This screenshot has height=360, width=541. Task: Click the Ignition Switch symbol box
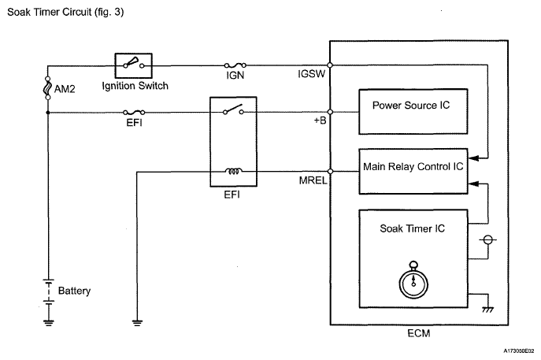134,65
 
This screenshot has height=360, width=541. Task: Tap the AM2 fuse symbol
48,88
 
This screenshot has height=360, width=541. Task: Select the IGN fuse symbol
235,65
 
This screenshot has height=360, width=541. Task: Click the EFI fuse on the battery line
134,112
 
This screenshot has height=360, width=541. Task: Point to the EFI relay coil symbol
234,171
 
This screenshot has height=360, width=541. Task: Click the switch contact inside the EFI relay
233,109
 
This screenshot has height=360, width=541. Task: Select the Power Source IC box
413,112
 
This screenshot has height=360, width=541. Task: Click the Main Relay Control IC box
413,171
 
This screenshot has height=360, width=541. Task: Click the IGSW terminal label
311,74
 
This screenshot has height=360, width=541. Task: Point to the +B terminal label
320,120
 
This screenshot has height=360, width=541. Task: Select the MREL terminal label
313,180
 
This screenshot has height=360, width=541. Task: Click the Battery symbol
49,291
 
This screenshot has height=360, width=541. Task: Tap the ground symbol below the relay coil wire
137,323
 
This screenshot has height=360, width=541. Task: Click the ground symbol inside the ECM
488,310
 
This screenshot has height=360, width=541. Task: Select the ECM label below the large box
418,333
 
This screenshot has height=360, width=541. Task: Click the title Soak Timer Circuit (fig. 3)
65,12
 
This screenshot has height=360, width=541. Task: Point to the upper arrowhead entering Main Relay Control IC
473,158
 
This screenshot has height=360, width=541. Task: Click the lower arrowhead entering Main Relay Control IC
473,184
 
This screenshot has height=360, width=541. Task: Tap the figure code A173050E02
519,351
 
